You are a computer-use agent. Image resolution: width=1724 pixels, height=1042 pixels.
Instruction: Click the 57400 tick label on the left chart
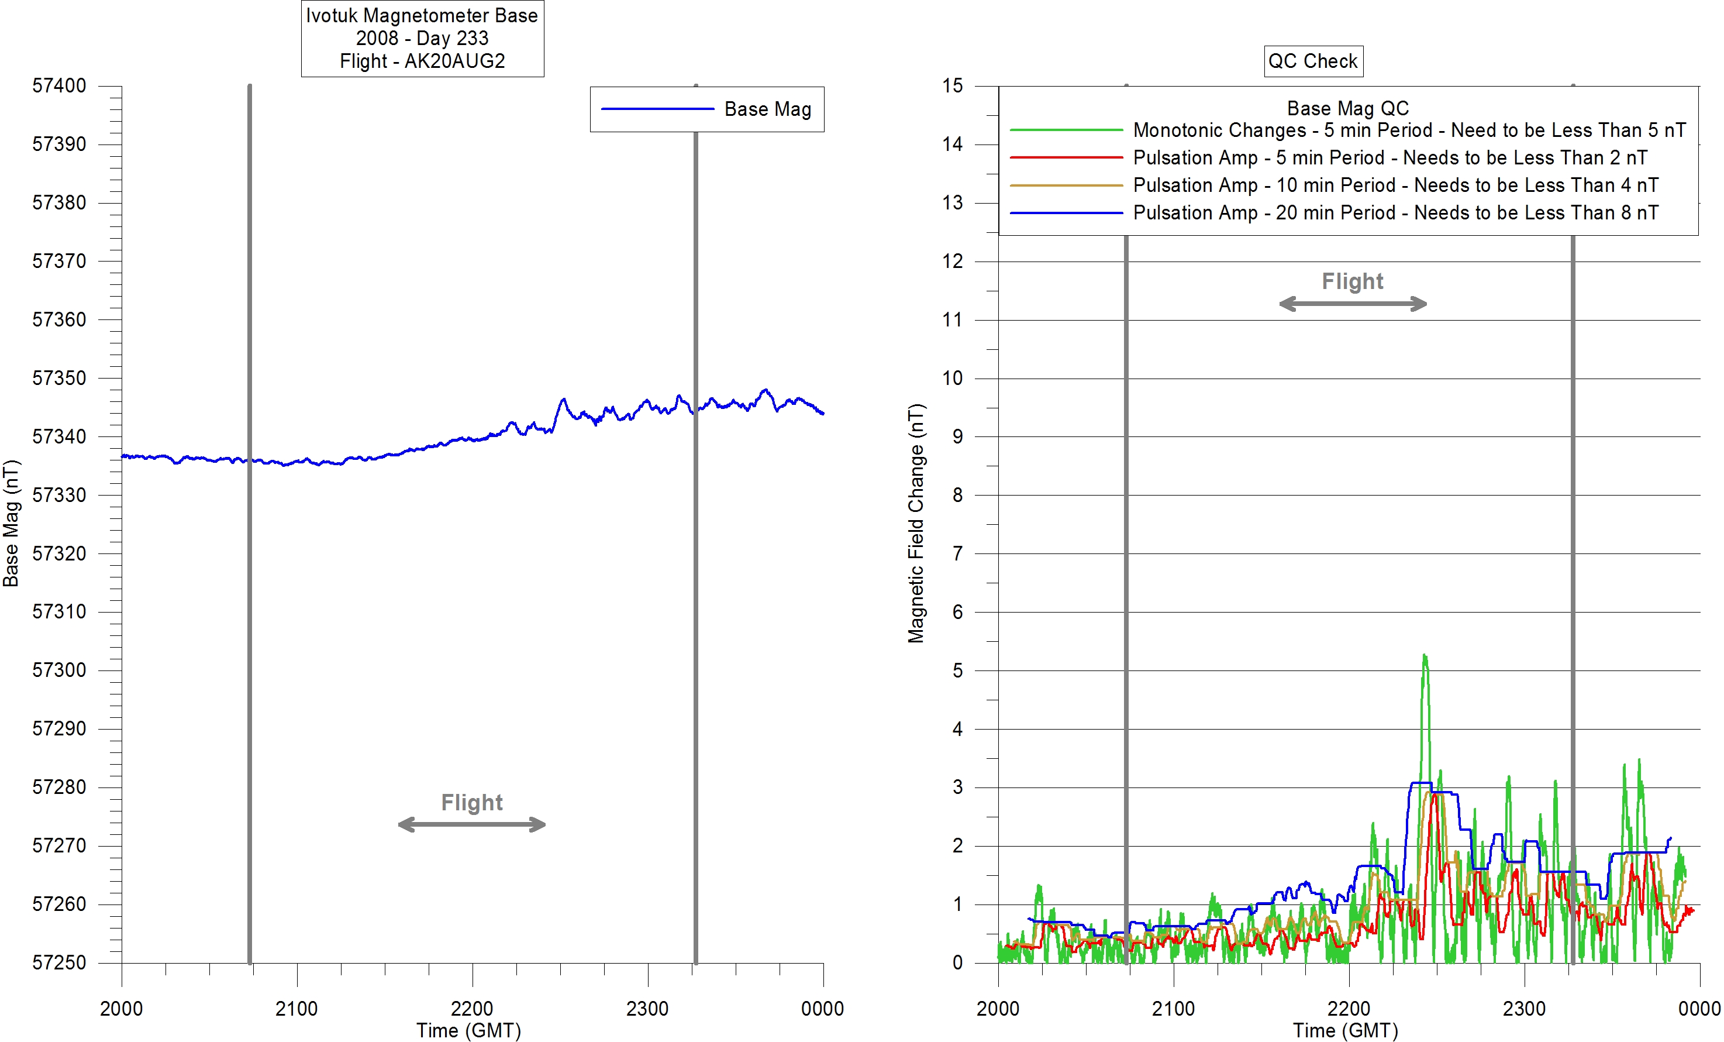coord(60,86)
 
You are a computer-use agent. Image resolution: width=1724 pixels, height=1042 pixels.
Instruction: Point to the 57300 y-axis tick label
coord(60,670)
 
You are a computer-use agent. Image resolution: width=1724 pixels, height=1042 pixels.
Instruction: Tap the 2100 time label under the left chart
coord(296,1009)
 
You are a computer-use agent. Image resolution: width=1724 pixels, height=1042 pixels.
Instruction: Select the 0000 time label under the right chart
coord(1699,1009)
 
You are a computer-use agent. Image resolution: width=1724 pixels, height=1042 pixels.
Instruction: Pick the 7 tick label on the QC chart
coord(957,553)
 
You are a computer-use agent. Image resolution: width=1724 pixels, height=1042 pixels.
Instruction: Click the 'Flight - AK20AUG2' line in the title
coord(422,61)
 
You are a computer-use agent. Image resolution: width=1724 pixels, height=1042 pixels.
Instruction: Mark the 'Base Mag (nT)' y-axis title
coord(11,524)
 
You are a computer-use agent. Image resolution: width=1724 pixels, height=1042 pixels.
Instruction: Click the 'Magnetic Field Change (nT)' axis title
coord(916,524)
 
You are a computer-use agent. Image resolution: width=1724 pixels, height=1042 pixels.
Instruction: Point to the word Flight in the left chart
coord(471,802)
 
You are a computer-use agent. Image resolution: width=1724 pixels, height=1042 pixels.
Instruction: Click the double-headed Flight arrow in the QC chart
coord(1353,304)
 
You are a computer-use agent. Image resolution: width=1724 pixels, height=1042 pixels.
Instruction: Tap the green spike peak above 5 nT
coord(1425,656)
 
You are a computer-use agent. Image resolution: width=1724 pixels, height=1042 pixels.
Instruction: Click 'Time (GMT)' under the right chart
coord(1345,1030)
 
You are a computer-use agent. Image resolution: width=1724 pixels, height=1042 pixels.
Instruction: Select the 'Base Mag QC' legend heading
coord(1347,108)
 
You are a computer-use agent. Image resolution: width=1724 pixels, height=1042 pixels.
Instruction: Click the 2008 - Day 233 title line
coord(422,39)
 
